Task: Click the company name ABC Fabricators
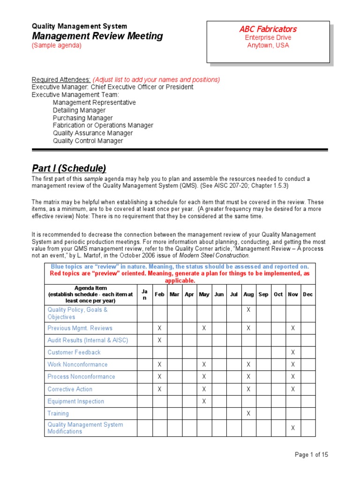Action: [268, 29]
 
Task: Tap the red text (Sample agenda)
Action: [56, 45]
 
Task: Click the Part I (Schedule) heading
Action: [69, 168]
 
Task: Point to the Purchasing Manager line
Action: [82, 118]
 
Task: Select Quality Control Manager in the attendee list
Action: [88, 141]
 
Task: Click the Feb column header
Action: [159, 294]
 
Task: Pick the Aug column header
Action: [248, 294]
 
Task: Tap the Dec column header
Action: [307, 294]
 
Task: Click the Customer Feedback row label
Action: [74, 352]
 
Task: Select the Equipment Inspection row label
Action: [76, 401]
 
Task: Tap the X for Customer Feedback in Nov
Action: [293, 352]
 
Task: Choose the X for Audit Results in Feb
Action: [159, 340]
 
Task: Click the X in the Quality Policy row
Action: [248, 310]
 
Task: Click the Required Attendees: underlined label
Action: [61, 79]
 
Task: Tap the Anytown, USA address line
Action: [268, 45]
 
